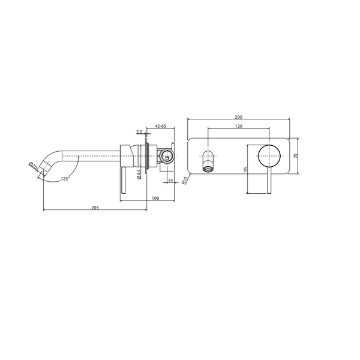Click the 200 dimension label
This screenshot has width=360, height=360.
point(239,117)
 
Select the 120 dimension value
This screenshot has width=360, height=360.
point(239,126)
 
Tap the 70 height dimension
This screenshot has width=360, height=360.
point(296,155)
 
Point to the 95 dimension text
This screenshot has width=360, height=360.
point(245,169)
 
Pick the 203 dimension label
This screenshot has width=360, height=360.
point(95,208)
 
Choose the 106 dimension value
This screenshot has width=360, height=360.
point(155,198)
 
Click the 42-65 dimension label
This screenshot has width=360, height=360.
point(160,126)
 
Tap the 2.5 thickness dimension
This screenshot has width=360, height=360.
point(139,131)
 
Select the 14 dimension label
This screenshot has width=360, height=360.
point(170,181)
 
